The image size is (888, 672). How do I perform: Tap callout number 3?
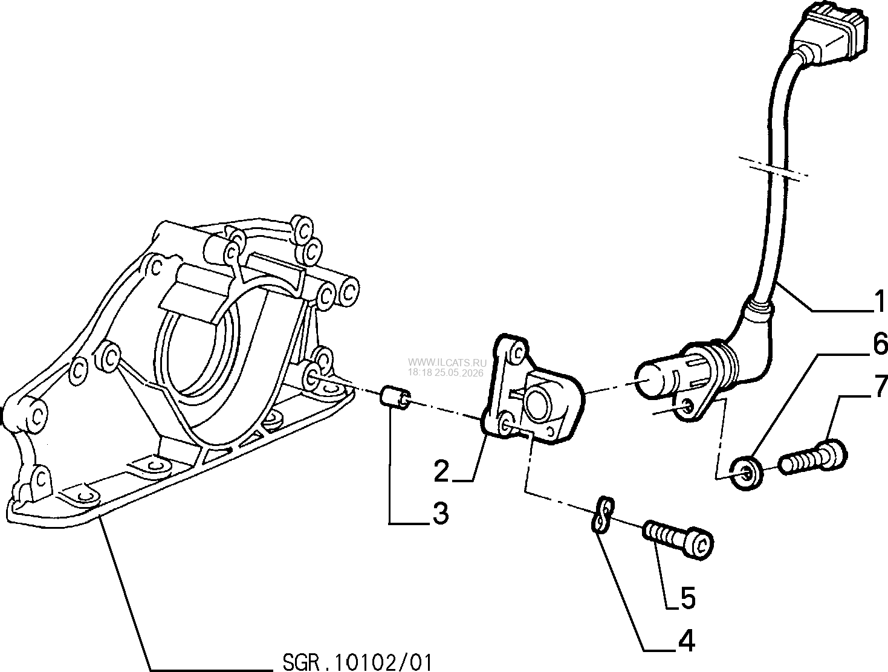coord(439,514)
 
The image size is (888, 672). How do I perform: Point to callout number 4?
coord(687,641)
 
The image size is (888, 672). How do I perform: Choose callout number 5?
coord(687,598)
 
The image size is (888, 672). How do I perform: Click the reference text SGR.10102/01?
coord(357,662)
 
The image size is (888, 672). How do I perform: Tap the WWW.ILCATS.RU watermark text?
coord(447,363)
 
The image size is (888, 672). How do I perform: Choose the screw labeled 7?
coord(812,457)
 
